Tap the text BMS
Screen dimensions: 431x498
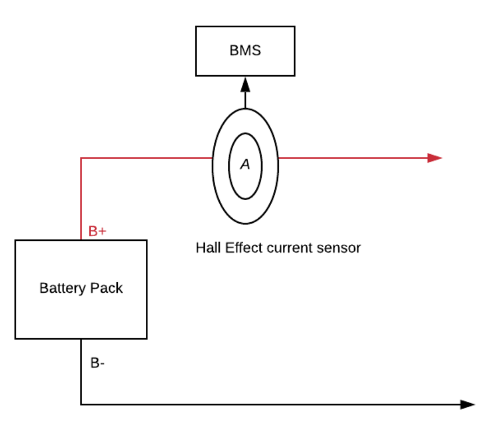coord(245,50)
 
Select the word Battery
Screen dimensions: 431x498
coord(61,288)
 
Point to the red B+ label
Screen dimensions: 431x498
coord(97,232)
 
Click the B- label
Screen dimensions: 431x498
coord(97,363)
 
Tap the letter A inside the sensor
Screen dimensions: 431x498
coord(245,165)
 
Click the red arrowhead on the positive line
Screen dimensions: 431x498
coord(435,157)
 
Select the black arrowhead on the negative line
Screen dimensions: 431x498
coord(468,404)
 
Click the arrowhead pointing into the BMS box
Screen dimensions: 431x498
coord(245,84)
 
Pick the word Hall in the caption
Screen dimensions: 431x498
coord(207,248)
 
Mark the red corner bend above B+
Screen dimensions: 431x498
coord(81,158)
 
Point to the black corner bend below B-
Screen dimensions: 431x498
coord(81,404)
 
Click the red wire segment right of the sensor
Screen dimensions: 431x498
coord(350,157)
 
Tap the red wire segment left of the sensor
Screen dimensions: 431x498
coord(146,157)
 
